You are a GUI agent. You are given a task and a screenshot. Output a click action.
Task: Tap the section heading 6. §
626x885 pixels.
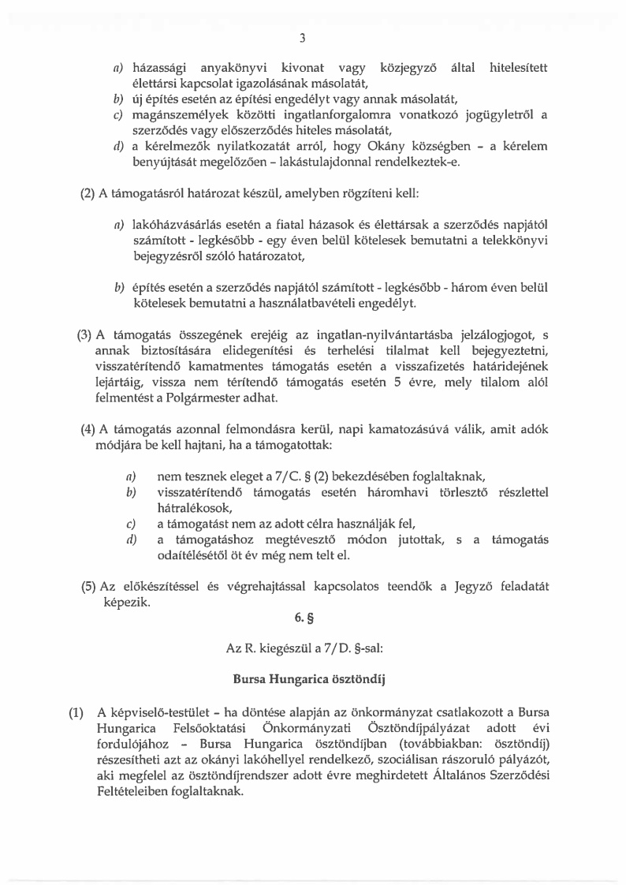(x=312, y=625)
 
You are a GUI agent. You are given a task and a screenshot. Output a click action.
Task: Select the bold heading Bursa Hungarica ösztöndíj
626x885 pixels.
(x=312, y=678)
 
